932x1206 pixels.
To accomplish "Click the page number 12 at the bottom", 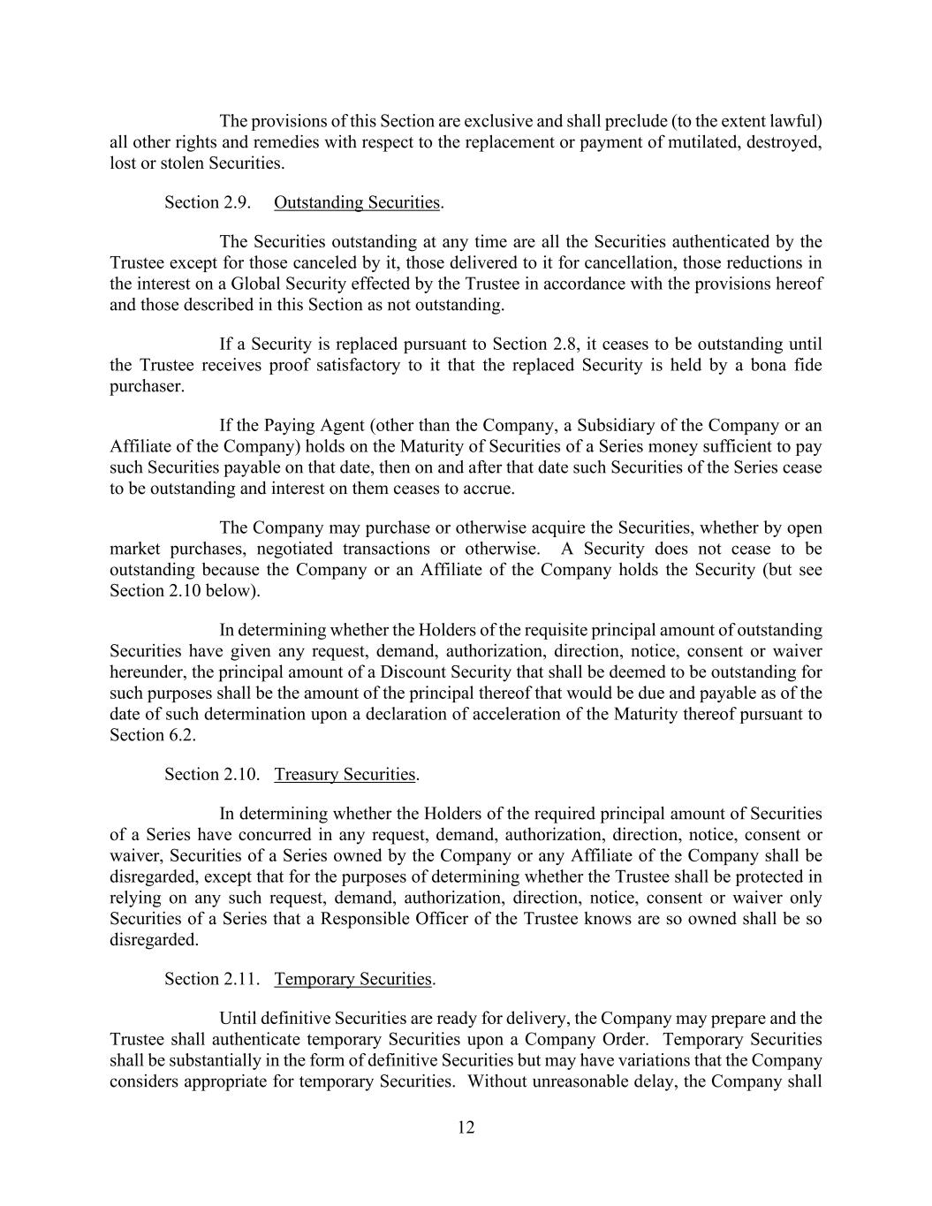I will coord(466,1127).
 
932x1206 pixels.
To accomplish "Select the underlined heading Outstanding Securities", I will coord(356,202).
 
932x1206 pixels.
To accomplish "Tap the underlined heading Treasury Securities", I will coord(345,774).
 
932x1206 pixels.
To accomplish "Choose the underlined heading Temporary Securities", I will coord(352,979).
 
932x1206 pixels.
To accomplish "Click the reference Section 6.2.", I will coord(152,735).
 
